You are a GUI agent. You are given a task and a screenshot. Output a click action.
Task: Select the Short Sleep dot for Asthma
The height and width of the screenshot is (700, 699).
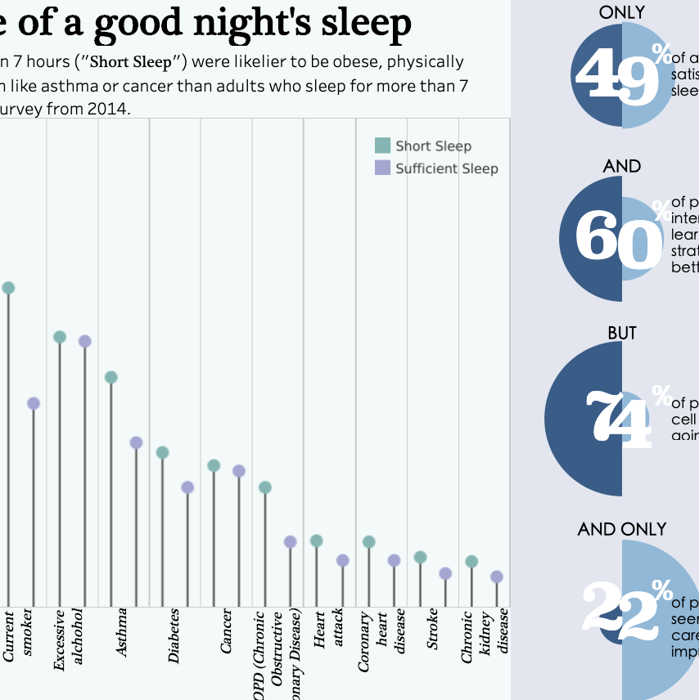tap(111, 377)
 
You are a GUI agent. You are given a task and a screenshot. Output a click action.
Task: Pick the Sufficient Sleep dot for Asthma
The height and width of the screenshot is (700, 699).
tap(137, 442)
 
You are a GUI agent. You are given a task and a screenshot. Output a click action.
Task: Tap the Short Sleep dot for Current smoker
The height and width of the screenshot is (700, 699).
tap(8, 288)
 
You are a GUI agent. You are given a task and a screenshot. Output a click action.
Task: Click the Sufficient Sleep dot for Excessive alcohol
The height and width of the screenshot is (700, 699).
tap(84, 341)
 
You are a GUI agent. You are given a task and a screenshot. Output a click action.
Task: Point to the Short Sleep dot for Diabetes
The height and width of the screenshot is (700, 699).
tap(162, 452)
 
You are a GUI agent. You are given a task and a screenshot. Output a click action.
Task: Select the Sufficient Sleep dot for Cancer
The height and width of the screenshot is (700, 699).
tap(239, 471)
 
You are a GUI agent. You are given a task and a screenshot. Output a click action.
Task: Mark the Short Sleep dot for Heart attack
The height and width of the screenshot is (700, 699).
tap(317, 541)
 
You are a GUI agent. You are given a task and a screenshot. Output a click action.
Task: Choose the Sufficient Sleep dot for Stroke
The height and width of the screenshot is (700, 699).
tap(445, 573)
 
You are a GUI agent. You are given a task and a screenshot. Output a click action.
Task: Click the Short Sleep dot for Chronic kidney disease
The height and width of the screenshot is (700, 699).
tap(471, 561)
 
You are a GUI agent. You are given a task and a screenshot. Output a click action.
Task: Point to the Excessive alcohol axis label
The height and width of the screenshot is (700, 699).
tap(69, 640)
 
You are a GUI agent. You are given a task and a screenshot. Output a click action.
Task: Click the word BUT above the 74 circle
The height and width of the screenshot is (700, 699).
tap(622, 334)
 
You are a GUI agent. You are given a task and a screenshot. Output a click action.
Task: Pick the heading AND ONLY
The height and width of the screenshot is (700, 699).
tap(622, 529)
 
